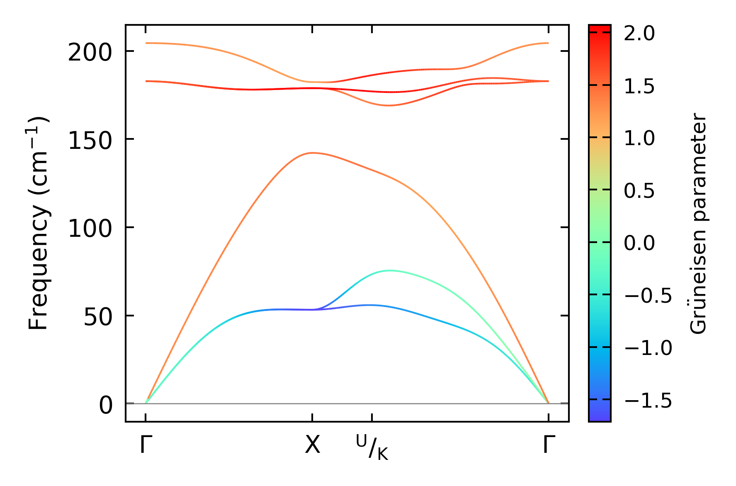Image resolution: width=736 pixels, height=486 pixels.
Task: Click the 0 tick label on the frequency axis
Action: (106, 406)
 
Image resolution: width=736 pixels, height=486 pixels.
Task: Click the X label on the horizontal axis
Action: (313, 445)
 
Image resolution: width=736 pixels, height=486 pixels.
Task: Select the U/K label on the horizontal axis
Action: (372, 447)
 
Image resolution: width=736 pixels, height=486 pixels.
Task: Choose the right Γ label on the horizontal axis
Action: (549, 445)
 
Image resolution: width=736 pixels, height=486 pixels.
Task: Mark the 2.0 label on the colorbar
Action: (639, 34)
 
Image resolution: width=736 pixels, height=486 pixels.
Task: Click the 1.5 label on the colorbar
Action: (639, 86)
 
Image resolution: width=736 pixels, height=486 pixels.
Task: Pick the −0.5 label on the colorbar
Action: (648, 295)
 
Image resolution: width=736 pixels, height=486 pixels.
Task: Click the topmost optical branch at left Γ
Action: (146, 43)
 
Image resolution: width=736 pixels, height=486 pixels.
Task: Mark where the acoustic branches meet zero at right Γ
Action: (548, 403)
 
